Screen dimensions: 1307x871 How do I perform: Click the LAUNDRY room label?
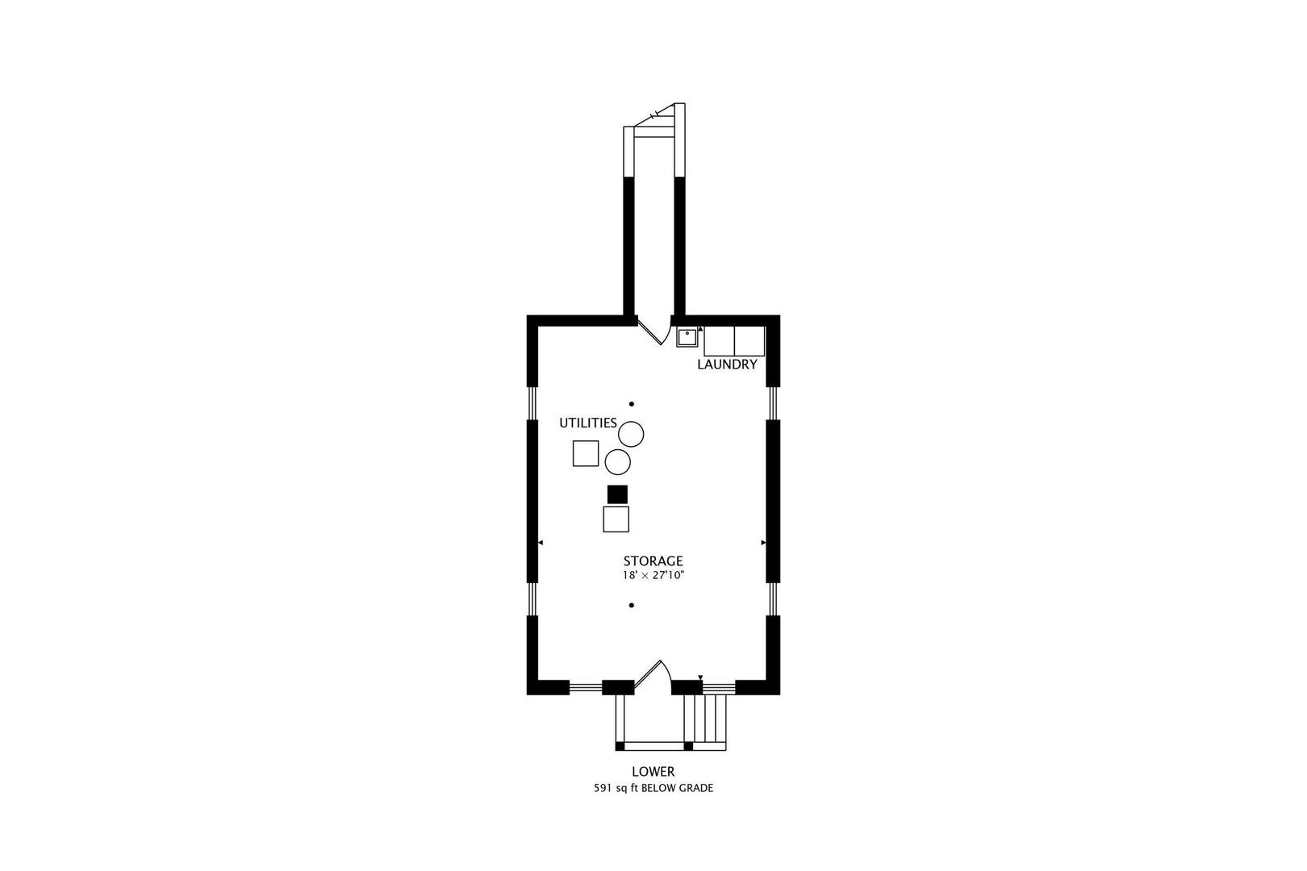click(x=727, y=365)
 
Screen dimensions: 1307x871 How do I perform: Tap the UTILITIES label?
click(x=587, y=423)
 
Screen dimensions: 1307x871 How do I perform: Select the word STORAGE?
click(x=653, y=561)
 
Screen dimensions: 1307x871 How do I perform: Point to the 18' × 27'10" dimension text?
click(x=653, y=575)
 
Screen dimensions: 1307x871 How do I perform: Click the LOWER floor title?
click(x=653, y=771)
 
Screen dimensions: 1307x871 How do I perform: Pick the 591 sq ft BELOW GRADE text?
click(x=653, y=788)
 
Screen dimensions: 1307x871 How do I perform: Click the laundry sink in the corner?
click(x=687, y=337)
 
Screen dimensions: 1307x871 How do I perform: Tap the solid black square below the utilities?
click(x=617, y=494)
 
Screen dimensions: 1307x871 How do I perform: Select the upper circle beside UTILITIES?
click(x=631, y=434)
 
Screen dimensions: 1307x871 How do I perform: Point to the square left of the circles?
click(x=586, y=453)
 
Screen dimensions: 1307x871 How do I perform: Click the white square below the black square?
click(x=616, y=519)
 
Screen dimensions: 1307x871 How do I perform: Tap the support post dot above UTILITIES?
click(x=632, y=404)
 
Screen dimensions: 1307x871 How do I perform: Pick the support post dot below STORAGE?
click(x=632, y=606)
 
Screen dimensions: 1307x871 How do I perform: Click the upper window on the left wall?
click(x=532, y=403)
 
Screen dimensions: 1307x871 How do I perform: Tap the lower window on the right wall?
click(x=773, y=599)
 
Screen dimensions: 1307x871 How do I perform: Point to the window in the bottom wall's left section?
click(x=585, y=687)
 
